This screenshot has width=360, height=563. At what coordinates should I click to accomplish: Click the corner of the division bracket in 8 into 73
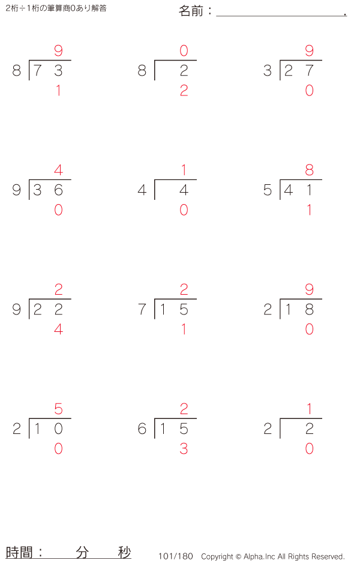point(29,60)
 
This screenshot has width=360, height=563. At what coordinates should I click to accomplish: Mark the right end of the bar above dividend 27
point(322,60)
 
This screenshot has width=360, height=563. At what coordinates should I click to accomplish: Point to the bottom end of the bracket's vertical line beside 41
point(280,199)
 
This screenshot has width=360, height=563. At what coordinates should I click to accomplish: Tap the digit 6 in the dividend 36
point(59,190)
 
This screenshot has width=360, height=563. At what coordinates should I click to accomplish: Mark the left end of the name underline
point(217,16)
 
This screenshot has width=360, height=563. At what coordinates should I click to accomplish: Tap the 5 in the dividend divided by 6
point(184,429)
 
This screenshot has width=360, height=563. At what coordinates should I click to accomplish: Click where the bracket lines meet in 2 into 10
point(29,419)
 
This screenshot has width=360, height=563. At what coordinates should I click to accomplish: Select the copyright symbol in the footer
point(238,556)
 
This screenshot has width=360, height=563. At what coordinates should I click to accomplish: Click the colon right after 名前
point(209,11)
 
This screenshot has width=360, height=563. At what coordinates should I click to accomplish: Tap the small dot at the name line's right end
point(345,14)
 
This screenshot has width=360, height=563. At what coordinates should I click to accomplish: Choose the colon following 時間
point(40,552)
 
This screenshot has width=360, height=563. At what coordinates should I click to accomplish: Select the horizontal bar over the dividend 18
point(301,299)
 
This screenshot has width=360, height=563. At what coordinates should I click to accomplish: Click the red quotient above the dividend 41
point(310,170)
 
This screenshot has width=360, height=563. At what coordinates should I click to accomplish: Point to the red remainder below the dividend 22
point(59,330)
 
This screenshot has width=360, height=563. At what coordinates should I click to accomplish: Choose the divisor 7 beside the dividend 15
point(142,309)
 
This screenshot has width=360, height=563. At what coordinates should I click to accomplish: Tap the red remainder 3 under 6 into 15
point(184,448)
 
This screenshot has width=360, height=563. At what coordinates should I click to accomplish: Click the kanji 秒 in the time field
point(125,552)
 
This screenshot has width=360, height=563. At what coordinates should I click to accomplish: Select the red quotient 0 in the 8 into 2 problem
point(184,50)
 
